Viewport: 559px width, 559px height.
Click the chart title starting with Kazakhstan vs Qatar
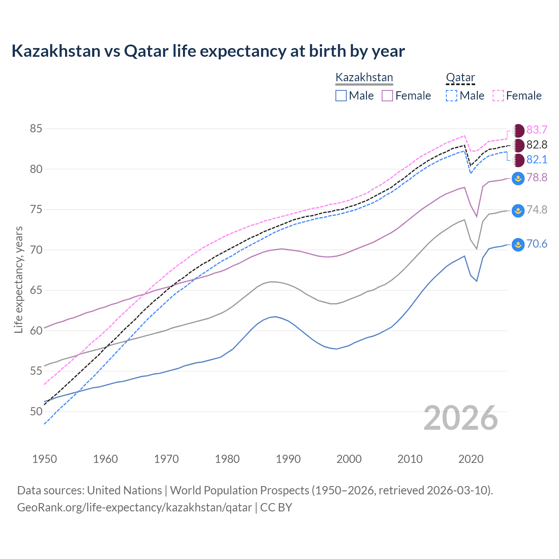click(208, 51)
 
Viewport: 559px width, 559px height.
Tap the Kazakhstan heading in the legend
click(364, 78)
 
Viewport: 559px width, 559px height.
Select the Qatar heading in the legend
click(460, 78)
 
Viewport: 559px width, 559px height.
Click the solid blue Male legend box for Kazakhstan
click(341, 96)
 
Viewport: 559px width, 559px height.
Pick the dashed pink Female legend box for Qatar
click(498, 96)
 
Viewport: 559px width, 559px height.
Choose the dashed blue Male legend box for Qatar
click(452, 96)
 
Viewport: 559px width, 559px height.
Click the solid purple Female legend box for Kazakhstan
click(387, 96)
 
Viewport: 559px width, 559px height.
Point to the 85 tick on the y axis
click(36, 129)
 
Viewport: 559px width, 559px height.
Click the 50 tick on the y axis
click(36, 411)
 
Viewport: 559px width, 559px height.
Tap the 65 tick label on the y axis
click(36, 290)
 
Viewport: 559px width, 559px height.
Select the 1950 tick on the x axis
click(45, 459)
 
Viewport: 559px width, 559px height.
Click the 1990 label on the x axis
click(288, 459)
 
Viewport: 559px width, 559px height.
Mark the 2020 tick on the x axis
click(471, 459)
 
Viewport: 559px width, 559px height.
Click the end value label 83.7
click(537, 130)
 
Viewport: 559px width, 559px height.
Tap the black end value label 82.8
click(537, 145)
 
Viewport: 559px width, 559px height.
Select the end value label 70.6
click(537, 244)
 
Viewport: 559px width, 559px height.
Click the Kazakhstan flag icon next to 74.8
click(518, 210)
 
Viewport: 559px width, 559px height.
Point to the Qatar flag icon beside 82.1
click(518, 160)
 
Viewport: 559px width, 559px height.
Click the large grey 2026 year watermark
click(461, 418)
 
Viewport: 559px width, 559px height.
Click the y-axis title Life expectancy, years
click(18, 279)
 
